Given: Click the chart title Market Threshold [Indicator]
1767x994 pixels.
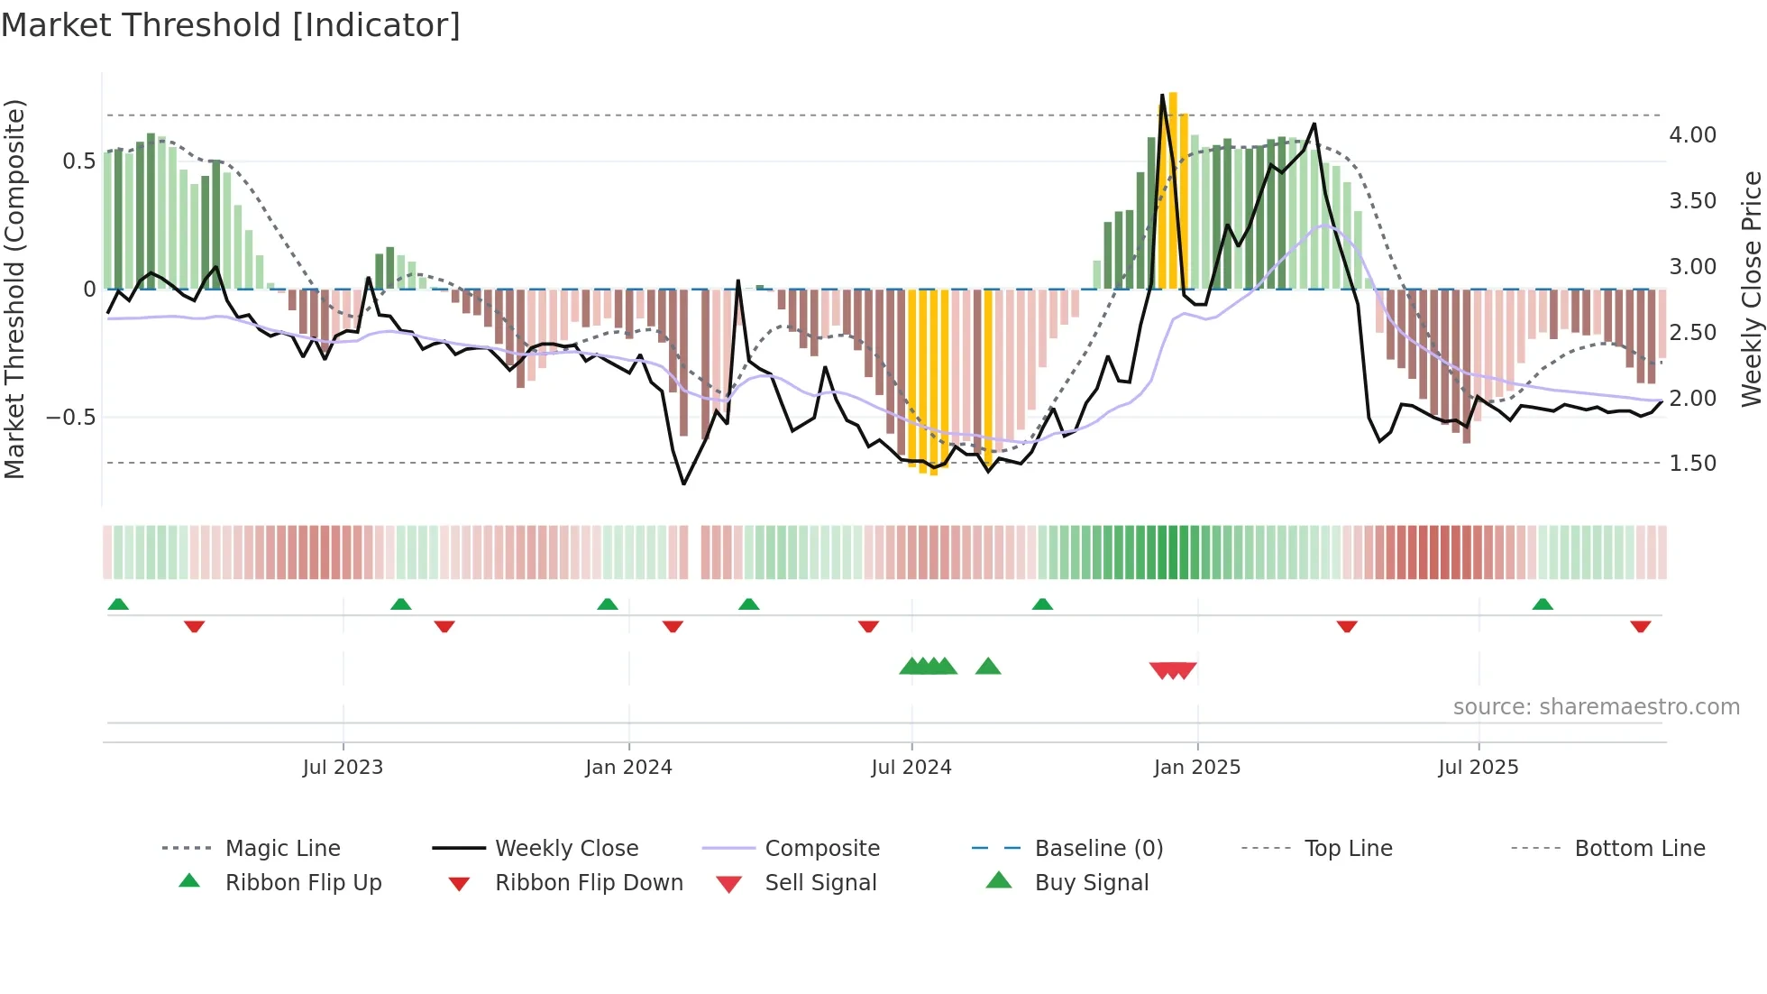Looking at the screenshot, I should pos(231,25).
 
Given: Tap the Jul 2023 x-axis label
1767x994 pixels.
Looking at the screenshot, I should pos(343,768).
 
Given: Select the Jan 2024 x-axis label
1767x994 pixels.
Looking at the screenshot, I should pos(628,768).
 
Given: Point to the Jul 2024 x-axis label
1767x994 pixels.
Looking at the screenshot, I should pos(911,768).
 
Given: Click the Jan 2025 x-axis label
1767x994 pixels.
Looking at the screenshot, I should pos(1197,768).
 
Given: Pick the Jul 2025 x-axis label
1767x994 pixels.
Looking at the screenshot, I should pos(1479,768).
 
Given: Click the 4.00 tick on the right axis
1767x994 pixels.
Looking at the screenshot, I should pos(1692,135).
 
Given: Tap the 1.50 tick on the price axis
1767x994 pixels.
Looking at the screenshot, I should pos(1692,464).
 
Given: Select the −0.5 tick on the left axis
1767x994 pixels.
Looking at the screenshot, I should pos(71,418).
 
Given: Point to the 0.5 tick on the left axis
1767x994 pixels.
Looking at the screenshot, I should pos(78,161).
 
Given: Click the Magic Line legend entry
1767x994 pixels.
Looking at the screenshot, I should pos(282,849).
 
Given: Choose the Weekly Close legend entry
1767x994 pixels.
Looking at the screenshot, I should pos(566,849).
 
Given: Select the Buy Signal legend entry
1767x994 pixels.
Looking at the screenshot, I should pos(1091,883).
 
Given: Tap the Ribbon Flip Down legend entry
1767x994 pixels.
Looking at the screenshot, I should pos(589,883).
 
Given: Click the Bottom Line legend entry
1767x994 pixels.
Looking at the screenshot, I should pos(1639,849).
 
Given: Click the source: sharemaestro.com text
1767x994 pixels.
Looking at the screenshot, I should pos(1596,707).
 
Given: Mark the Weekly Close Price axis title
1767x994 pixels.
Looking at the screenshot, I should pos(1751,289).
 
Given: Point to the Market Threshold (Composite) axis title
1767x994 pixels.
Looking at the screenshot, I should pos(14,289).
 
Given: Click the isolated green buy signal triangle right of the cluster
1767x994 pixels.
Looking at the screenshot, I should pos(988,667).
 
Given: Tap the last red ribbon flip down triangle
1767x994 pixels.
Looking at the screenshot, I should pos(1640,626).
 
